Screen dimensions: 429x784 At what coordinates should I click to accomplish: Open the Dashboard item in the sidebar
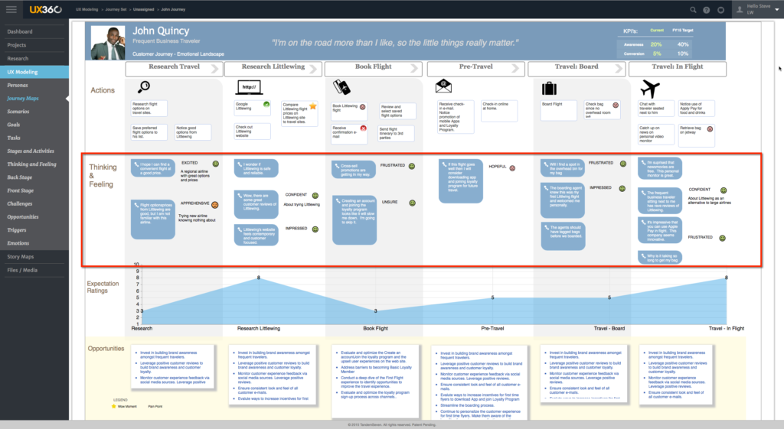tap(20, 31)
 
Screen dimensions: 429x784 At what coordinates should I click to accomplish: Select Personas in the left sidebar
tap(18, 85)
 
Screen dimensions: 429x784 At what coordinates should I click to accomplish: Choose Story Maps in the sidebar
tap(21, 257)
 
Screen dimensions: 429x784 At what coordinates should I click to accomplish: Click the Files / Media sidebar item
tap(22, 270)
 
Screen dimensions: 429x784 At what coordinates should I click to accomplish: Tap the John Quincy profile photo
tap(107, 43)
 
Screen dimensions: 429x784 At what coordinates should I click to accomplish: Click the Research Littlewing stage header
tap(273, 68)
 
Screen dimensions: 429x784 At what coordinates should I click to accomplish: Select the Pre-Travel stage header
tap(475, 68)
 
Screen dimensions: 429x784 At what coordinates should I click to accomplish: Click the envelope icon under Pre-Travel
tap(443, 86)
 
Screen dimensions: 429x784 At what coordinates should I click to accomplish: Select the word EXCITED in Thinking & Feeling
tap(189, 163)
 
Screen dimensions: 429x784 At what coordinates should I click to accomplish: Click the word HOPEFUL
tap(498, 166)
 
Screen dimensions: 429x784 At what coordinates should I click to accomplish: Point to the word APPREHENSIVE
tap(194, 203)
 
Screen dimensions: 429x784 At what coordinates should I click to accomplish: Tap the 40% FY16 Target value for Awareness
tap(683, 44)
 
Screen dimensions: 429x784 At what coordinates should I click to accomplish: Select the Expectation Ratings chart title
tap(103, 287)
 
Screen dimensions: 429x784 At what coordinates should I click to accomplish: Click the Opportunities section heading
tap(106, 349)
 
